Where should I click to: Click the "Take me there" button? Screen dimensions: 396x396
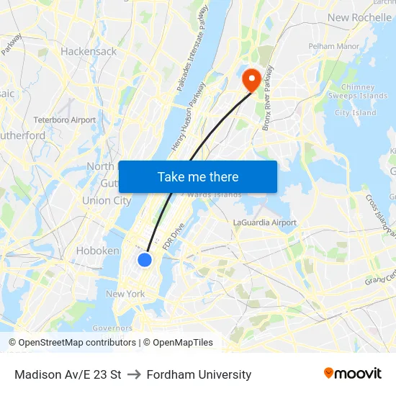198,176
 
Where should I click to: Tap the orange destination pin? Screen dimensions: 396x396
251,79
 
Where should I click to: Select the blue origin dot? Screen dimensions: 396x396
145,260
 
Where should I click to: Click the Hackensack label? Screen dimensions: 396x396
89,52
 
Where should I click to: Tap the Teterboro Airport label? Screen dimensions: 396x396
65,120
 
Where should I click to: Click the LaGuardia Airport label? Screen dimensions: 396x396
264,222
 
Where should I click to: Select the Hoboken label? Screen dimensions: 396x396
97,251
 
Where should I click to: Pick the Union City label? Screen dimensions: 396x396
107,201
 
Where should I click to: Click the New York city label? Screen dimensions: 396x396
125,294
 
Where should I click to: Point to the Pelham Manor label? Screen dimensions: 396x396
333,46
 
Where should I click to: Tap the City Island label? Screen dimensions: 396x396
355,113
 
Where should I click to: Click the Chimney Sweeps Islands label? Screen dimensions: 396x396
358,91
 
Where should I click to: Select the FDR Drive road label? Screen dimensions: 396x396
174,236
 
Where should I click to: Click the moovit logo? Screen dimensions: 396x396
352,374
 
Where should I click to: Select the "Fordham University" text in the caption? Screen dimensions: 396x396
199,374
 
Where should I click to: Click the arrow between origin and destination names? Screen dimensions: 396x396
134,374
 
